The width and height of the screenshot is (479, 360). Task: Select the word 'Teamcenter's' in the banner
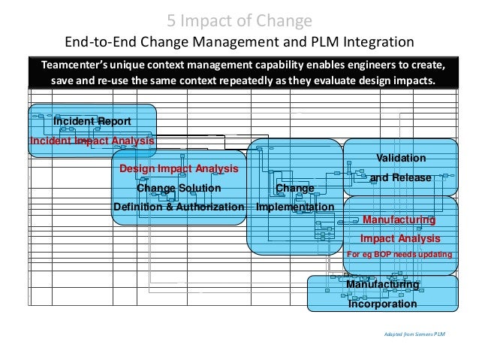point(74,65)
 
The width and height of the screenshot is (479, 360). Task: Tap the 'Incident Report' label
point(92,121)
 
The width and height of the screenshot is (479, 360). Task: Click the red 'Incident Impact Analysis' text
point(92,141)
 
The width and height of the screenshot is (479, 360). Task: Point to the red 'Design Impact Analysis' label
point(179,169)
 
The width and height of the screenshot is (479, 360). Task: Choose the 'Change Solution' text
point(179,188)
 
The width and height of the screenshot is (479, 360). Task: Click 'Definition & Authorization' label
point(179,207)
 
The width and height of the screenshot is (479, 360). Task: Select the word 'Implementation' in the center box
point(295,207)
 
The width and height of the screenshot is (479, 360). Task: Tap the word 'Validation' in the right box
point(400,158)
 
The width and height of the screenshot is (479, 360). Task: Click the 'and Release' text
point(400,178)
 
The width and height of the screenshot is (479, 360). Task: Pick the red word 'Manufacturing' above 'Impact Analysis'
point(399,219)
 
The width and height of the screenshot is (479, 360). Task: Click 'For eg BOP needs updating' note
point(399,255)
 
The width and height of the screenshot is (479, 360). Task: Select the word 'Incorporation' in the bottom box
point(382,304)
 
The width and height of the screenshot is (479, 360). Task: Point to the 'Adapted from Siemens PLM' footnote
point(414,333)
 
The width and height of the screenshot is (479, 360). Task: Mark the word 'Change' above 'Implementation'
point(295,188)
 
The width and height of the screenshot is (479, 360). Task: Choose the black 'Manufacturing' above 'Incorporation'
point(382,285)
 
